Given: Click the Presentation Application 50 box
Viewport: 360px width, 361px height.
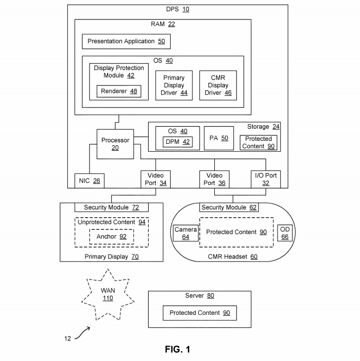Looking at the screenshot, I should [126, 41].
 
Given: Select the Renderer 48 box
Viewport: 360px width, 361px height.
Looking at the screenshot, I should [119, 91].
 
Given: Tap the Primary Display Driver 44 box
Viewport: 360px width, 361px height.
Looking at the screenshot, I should [174, 86].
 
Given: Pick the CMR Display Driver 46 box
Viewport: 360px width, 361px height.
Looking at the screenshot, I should [218, 86].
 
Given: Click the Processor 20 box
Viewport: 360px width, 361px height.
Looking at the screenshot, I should [115, 144].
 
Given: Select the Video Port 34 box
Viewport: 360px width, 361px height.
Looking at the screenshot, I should [156, 179].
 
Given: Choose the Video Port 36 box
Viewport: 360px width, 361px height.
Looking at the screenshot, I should [214, 179].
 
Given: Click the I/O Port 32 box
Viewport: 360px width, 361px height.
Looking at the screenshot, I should [266, 179].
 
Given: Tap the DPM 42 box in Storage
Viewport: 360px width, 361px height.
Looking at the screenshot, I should [177, 142].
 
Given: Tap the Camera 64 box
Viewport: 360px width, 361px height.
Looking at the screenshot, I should [185, 233].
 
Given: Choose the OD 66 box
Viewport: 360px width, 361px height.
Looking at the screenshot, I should [285, 233].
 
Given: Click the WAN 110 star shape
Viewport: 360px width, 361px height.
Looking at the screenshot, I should [107, 294].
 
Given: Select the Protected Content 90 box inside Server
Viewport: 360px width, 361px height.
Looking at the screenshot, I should [199, 313].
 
